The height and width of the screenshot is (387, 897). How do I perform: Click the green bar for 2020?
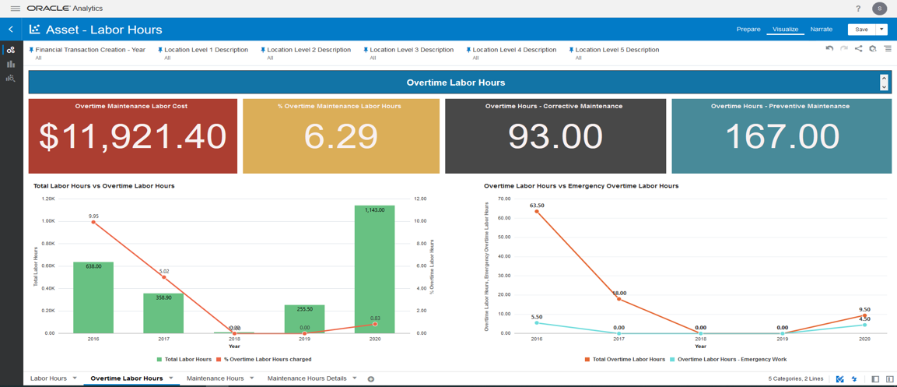point(374,273)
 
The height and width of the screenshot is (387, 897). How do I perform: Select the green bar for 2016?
point(93,300)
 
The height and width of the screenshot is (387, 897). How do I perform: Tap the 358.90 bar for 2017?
point(163,314)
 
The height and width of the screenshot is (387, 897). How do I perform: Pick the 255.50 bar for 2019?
point(304,319)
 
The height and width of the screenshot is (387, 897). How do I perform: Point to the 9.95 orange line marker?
point(93,222)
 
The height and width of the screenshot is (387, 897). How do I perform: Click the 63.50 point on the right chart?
point(537,212)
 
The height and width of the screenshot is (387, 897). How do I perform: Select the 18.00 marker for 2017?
point(619,299)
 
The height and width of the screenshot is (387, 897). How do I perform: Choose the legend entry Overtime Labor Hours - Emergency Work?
point(731,360)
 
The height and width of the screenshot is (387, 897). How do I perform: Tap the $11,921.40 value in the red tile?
point(132,137)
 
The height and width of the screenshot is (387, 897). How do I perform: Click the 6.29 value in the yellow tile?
point(341,137)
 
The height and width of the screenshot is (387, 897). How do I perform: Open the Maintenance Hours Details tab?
point(307,378)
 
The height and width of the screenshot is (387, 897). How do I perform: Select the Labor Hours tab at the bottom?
point(48,378)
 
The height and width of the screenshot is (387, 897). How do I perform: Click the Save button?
point(860,30)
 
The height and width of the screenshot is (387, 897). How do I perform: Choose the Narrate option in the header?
point(821,30)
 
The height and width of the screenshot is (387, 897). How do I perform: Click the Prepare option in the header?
point(748,30)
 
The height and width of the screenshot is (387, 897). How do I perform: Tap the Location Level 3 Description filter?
point(412,50)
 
